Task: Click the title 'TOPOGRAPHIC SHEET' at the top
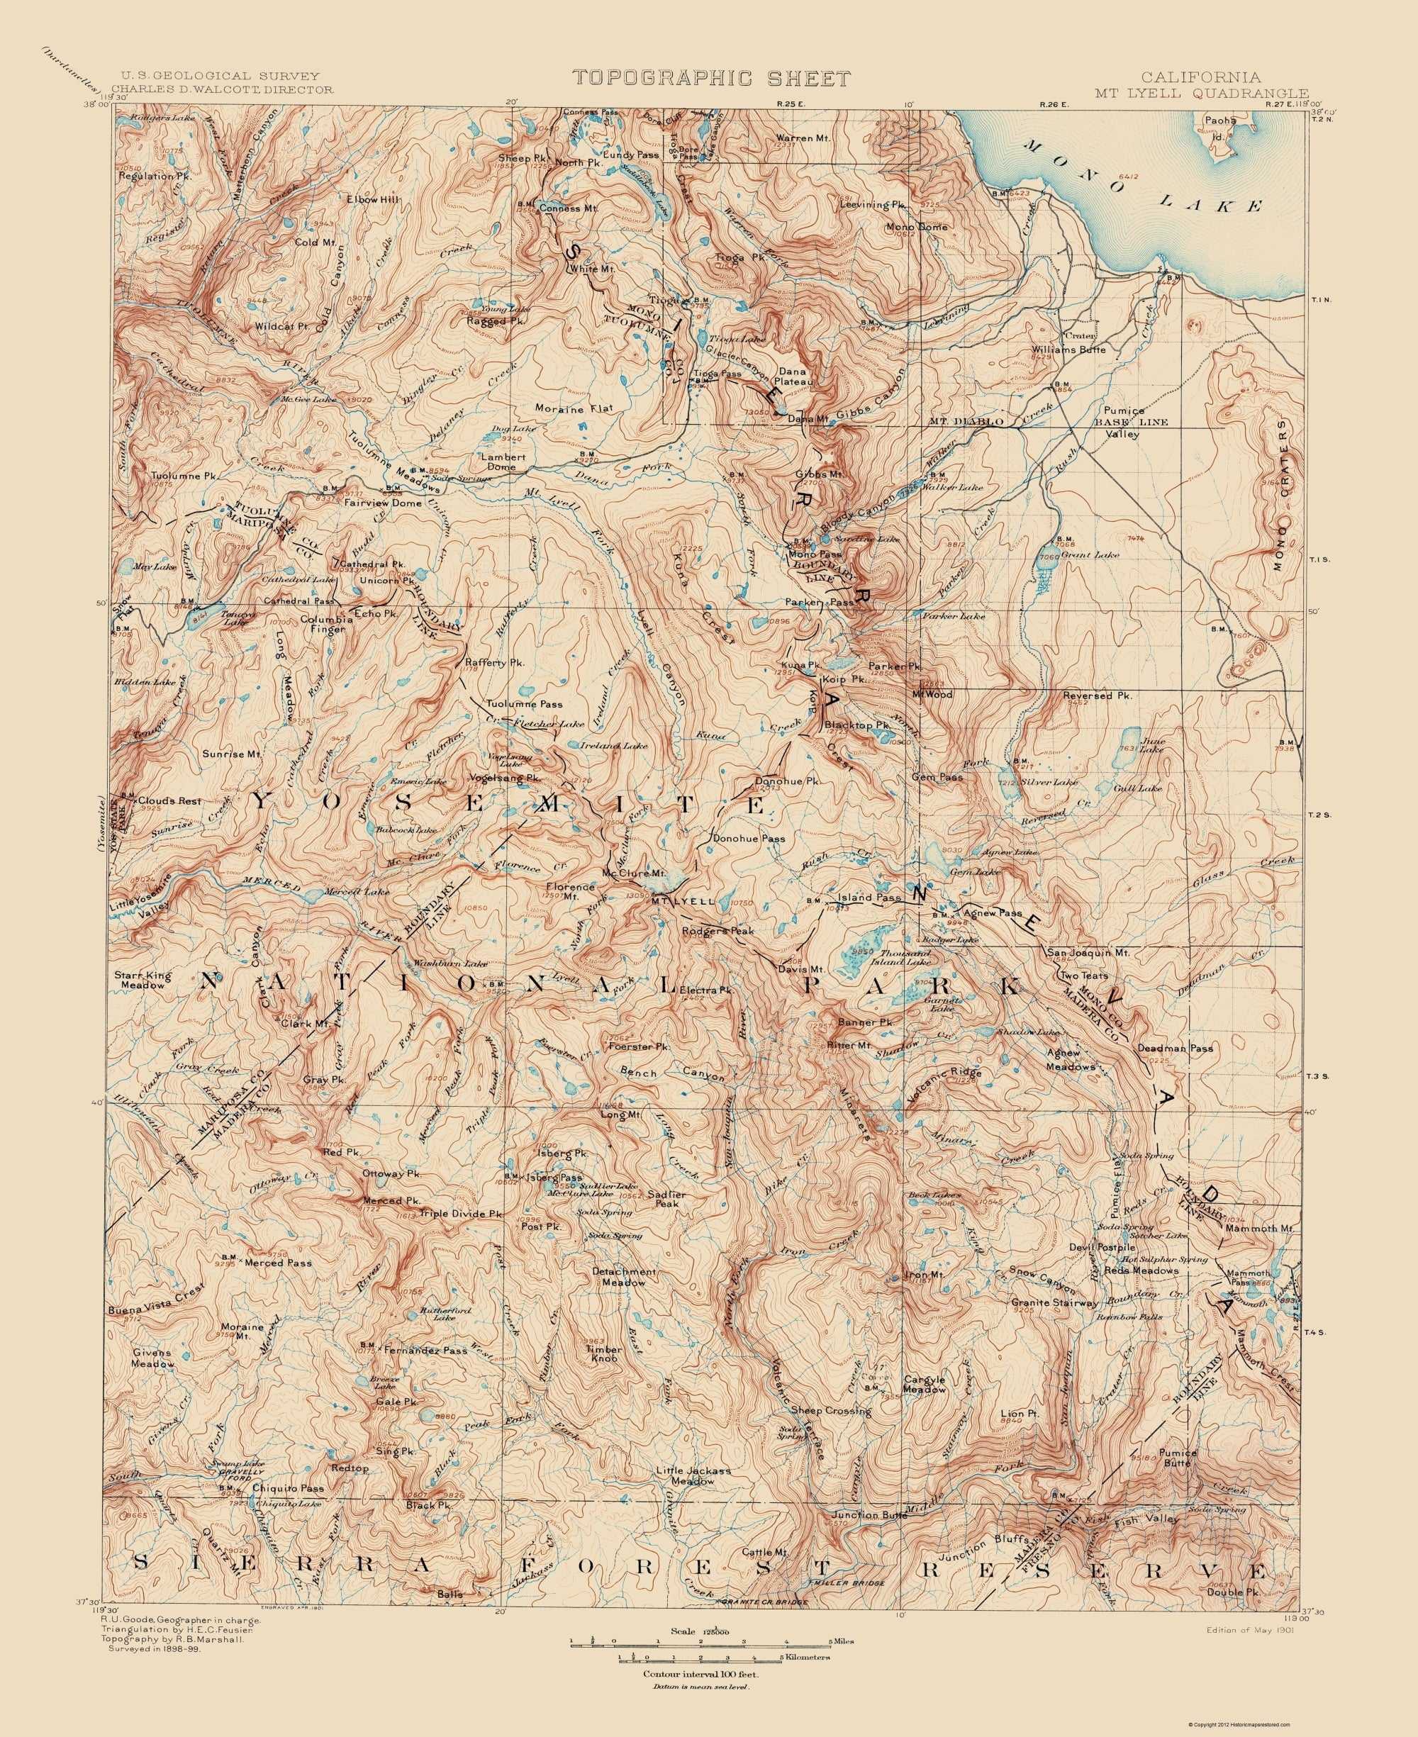710,79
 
